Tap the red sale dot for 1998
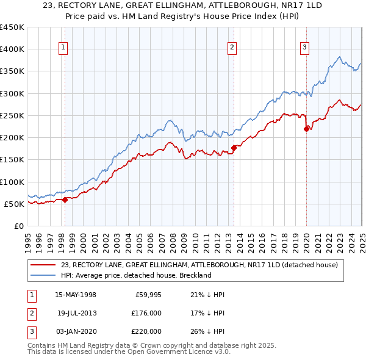point(65,199)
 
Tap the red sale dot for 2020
point(306,128)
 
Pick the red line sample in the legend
point(44,265)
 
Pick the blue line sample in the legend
point(44,275)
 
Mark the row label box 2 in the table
point(31,314)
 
